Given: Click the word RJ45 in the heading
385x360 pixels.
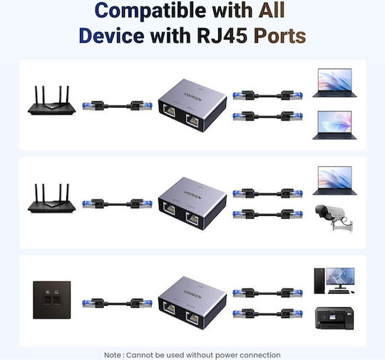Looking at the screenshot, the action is pyautogui.click(x=222, y=36).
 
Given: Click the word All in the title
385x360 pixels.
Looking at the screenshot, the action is pyautogui.click(x=272, y=10).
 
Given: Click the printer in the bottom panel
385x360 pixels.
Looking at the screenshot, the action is pyautogui.click(x=334, y=318).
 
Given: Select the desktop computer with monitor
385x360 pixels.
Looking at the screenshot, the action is pyautogui.click(x=334, y=281).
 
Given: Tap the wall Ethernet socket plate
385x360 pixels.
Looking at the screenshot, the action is pyautogui.click(x=52, y=300).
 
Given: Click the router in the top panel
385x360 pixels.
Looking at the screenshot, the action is pyautogui.click(x=51, y=101).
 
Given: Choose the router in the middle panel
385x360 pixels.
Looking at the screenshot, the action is pyautogui.click(x=51, y=198).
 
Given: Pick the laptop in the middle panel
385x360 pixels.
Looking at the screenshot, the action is pyautogui.click(x=334, y=181).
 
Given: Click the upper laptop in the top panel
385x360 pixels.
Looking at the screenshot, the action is pyautogui.click(x=334, y=83).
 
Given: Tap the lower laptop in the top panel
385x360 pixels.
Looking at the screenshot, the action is pyautogui.click(x=334, y=125).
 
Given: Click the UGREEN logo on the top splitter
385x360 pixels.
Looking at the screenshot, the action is pyautogui.click(x=193, y=96).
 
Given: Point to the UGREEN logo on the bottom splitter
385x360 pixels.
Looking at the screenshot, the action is pyautogui.click(x=193, y=294).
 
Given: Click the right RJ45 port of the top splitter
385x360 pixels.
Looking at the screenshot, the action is pyautogui.click(x=192, y=120).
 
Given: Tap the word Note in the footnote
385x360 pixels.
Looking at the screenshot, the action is pyautogui.click(x=113, y=355).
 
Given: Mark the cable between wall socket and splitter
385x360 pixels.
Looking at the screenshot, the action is pyautogui.click(x=117, y=304).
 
